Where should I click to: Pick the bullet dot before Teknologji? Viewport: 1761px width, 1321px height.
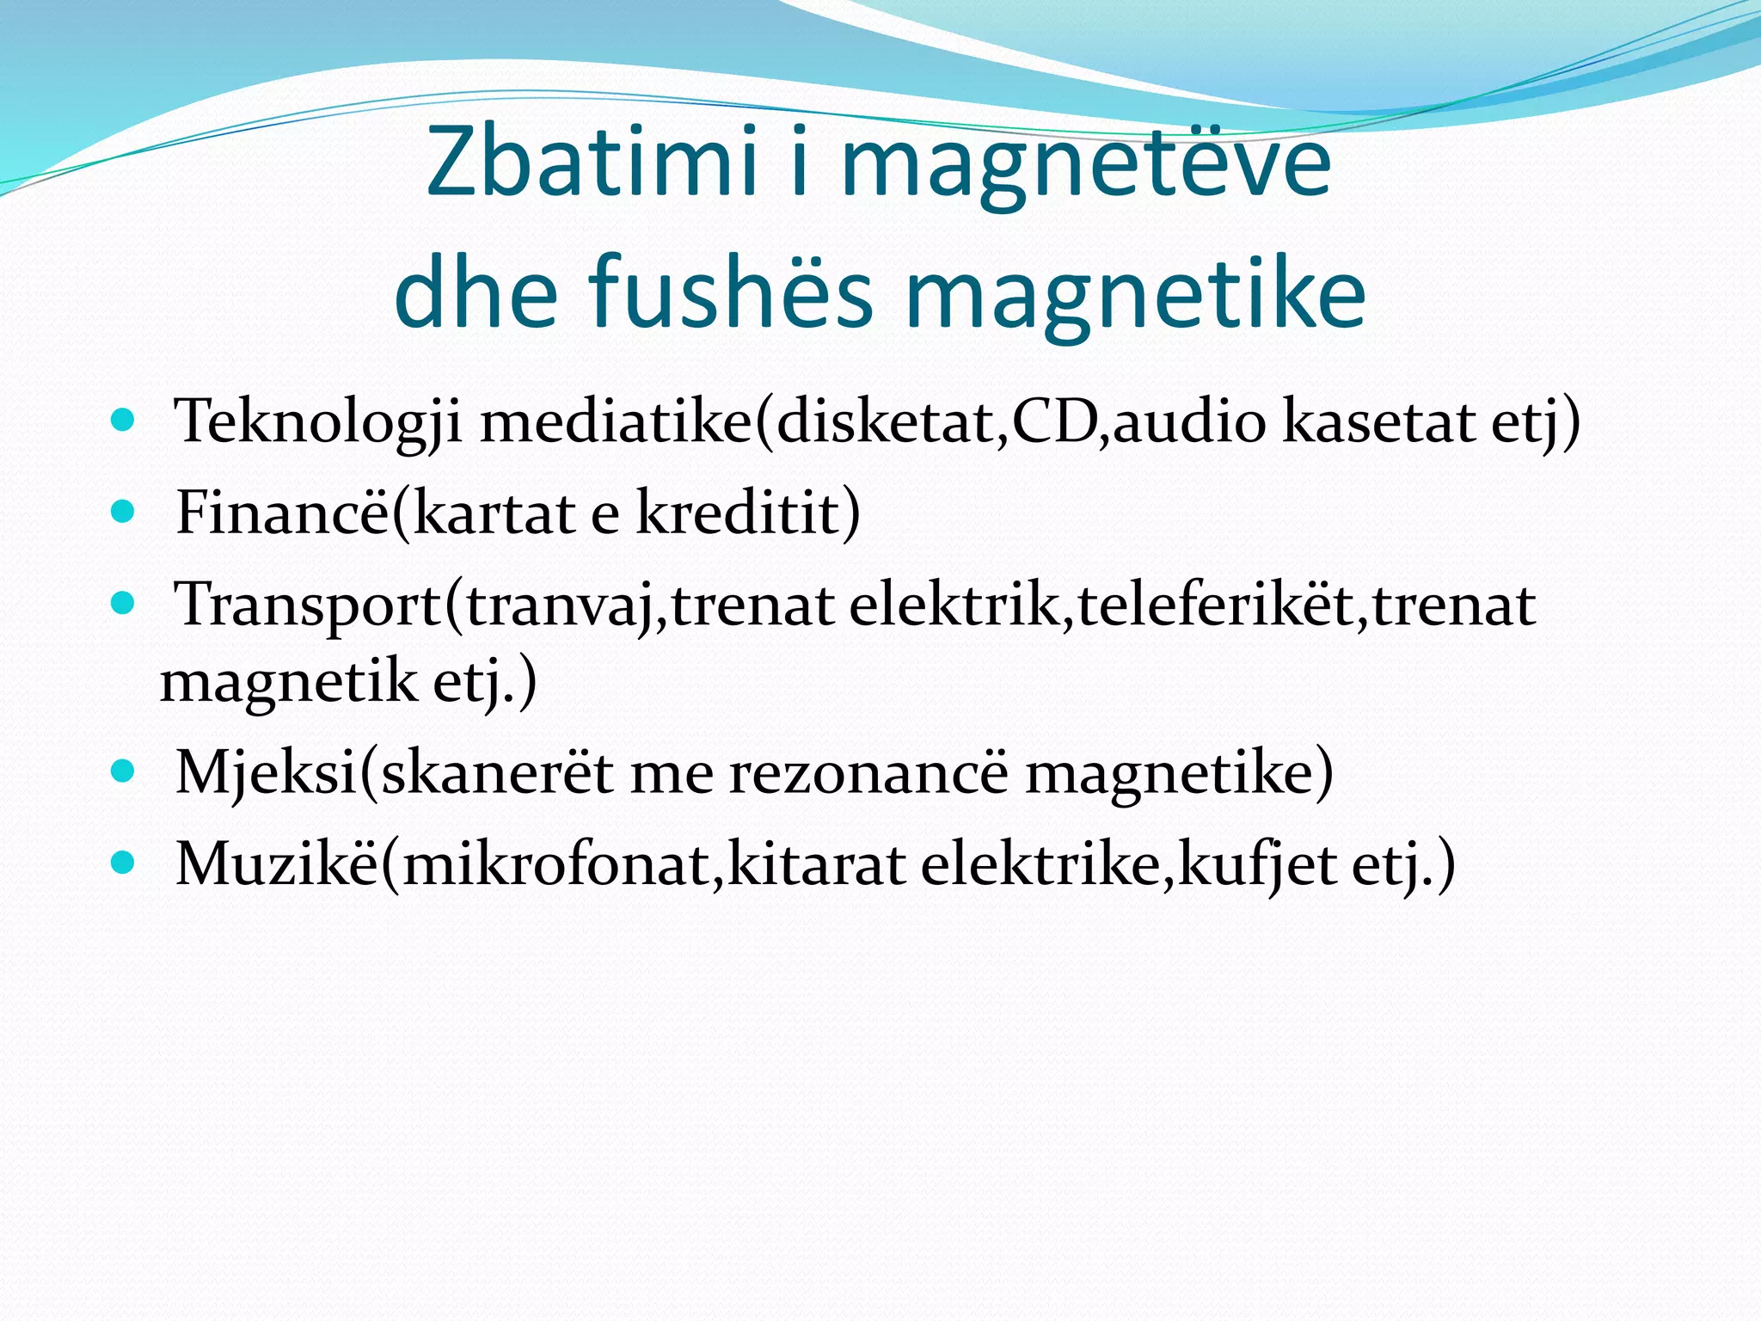[x=123, y=421]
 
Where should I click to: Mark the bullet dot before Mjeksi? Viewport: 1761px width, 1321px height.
[x=123, y=771]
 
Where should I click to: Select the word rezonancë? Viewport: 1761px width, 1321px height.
[x=869, y=772]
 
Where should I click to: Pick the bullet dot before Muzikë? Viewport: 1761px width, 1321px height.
[x=123, y=862]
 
